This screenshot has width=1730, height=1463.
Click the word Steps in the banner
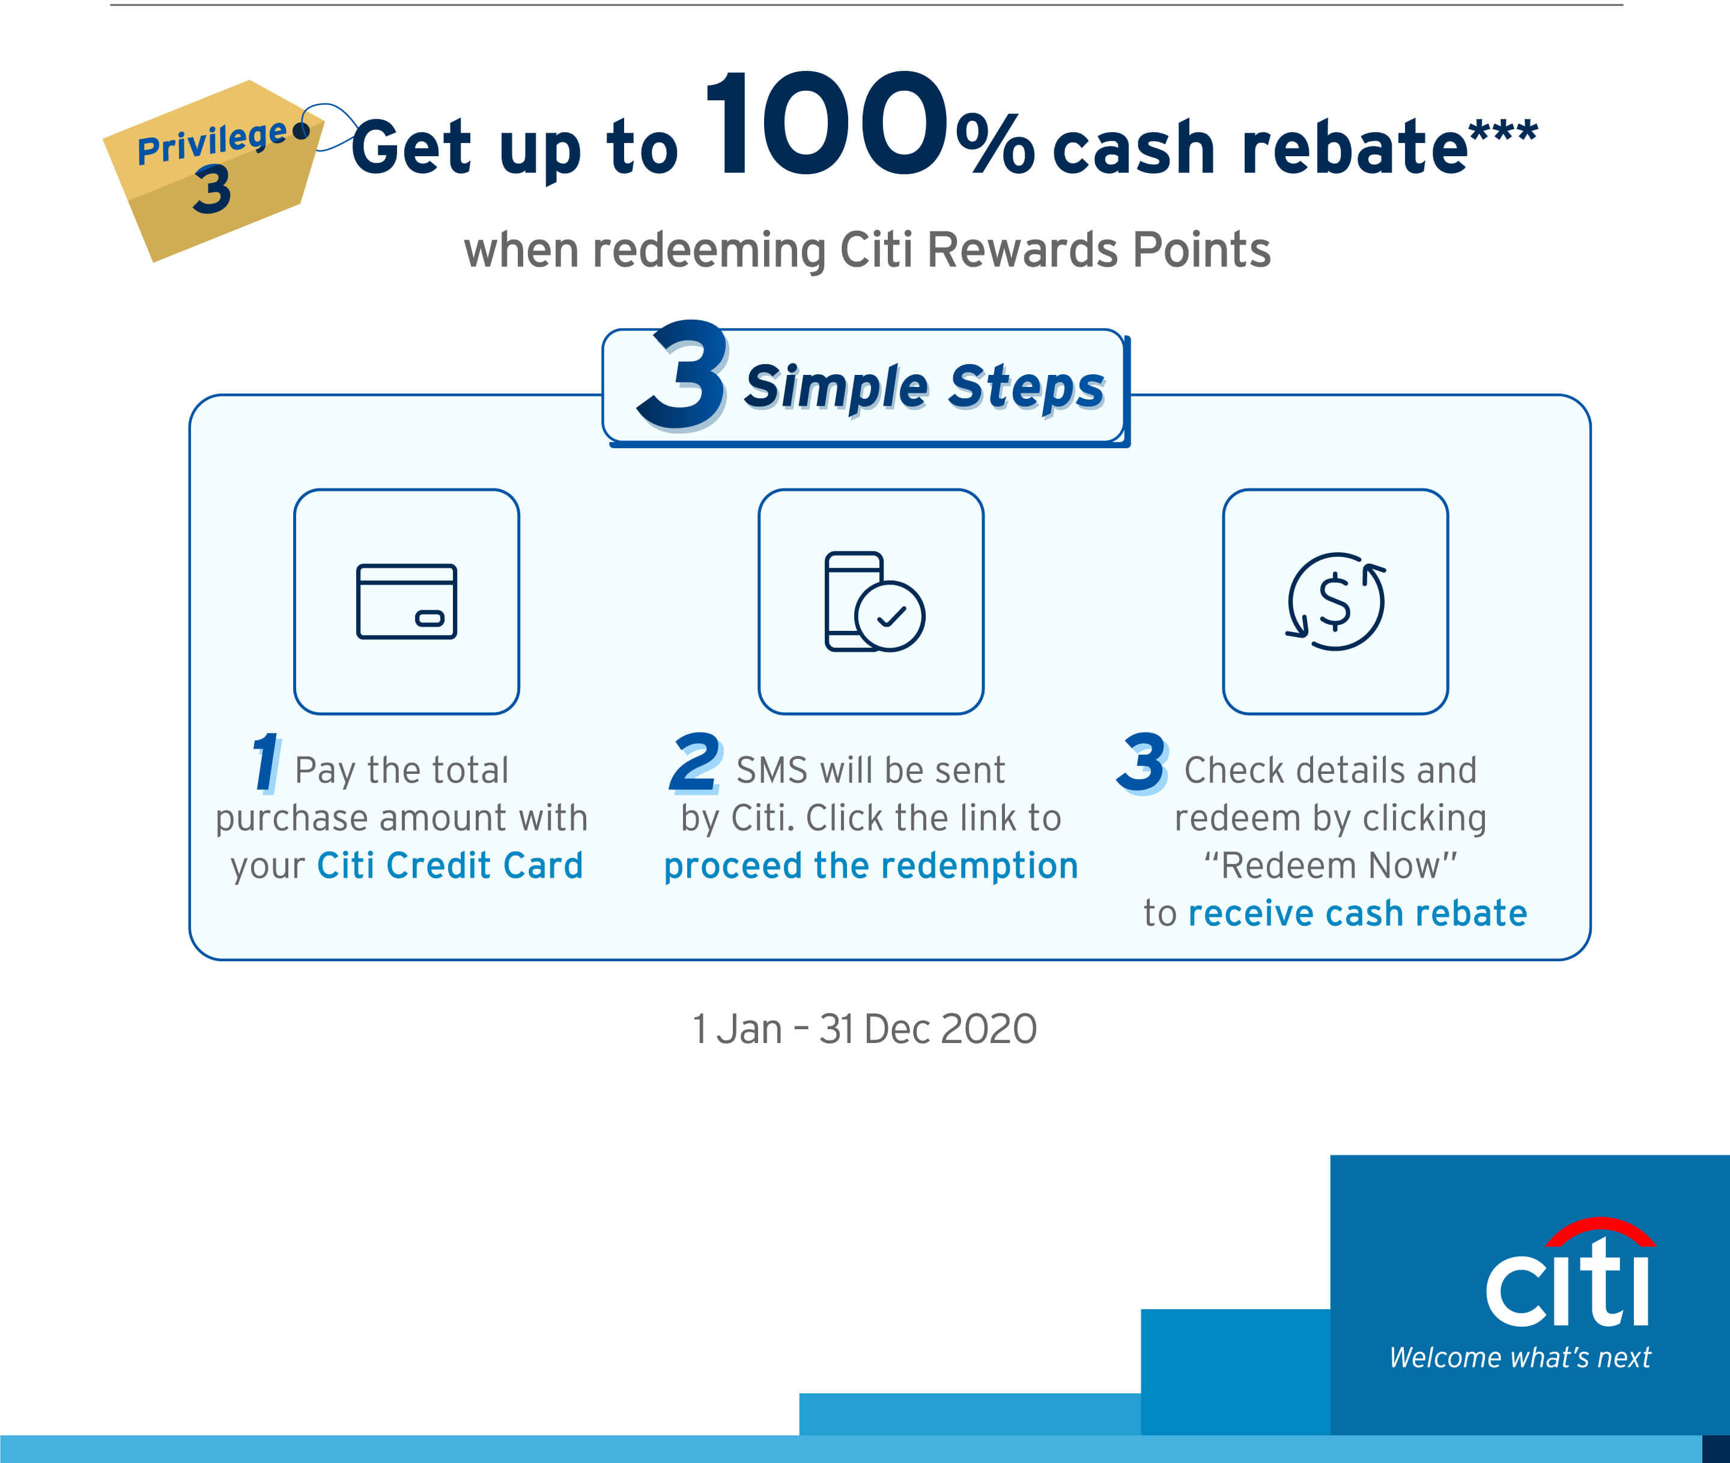[1026, 388]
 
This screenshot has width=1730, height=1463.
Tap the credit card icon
[407, 601]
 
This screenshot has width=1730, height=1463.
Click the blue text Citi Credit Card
[451, 866]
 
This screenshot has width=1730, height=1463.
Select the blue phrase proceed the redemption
[871, 866]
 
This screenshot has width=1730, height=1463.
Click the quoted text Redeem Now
[1331, 866]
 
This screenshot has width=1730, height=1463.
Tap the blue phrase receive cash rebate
[1358, 913]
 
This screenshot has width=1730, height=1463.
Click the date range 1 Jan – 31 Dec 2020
[865, 1029]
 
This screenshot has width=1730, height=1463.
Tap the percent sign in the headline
[995, 144]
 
